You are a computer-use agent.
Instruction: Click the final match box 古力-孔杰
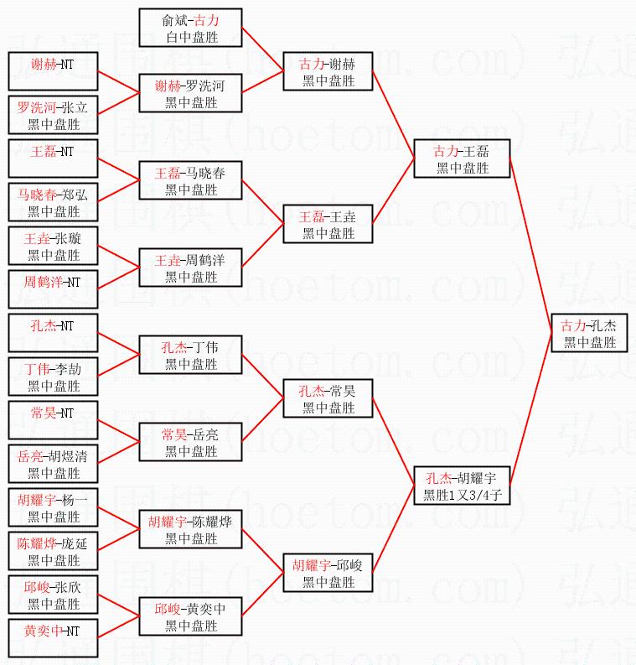[x=589, y=333]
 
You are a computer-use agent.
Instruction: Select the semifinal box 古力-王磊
[x=461, y=158]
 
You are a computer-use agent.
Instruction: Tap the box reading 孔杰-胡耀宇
[x=461, y=486]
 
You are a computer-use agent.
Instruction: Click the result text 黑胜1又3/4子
[x=461, y=496]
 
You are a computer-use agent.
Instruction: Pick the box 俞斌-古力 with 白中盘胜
[x=190, y=28]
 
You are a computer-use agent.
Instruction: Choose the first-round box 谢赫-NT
[x=52, y=71]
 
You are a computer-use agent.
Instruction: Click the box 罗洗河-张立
[x=52, y=115]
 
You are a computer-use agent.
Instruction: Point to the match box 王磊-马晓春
[x=190, y=180]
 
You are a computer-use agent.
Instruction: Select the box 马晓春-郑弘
[x=52, y=202]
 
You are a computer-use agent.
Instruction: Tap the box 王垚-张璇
[x=52, y=246]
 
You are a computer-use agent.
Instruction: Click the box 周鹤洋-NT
[x=52, y=289]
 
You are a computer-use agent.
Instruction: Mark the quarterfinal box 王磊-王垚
[x=328, y=224]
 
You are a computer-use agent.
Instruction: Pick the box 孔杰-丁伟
[x=190, y=355]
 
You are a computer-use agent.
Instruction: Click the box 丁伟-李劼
[x=52, y=377]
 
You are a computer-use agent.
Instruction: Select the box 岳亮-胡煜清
[x=52, y=464]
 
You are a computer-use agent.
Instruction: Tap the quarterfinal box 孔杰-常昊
[x=328, y=398]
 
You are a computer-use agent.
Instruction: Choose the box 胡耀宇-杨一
[x=52, y=507]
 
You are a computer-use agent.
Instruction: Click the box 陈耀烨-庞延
[x=52, y=551]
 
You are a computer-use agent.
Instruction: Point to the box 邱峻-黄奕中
[x=190, y=616]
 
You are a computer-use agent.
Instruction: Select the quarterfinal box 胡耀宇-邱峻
[x=328, y=573]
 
